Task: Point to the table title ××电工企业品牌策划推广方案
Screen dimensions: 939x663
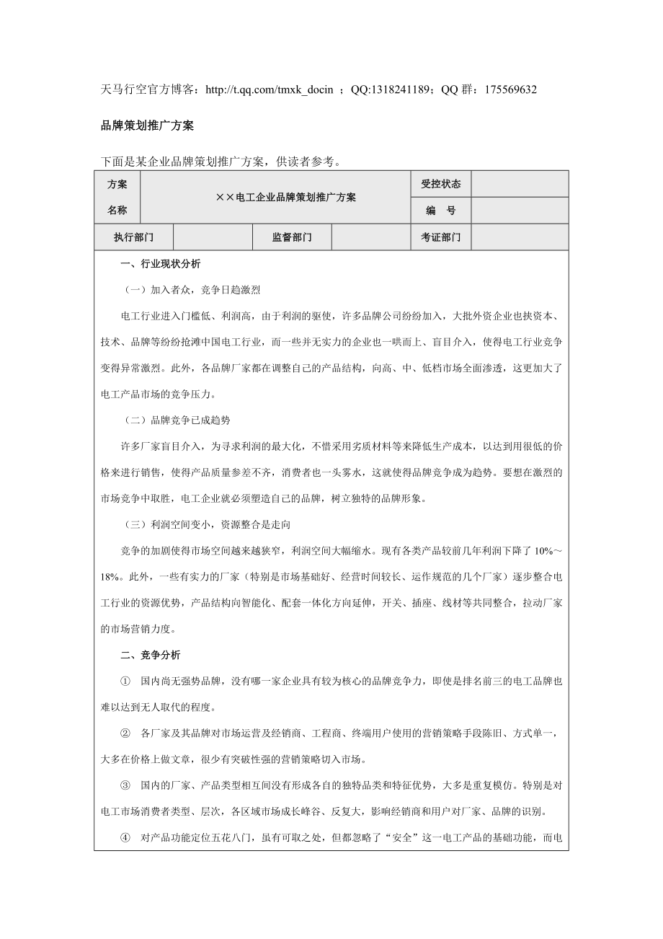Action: tap(286, 197)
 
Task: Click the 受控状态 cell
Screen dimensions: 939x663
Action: tap(440, 184)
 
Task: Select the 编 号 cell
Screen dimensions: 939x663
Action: tap(440, 211)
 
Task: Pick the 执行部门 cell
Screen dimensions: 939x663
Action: tap(133, 237)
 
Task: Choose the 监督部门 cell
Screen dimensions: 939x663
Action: tap(291, 237)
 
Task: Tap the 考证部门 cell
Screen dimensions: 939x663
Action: tap(440, 237)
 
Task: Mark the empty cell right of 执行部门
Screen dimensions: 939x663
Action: tap(213, 237)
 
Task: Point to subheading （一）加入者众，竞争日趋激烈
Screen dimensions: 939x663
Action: tap(191, 290)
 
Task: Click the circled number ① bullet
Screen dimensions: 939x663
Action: tap(125, 682)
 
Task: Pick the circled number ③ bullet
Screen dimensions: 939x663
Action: tap(125, 785)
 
